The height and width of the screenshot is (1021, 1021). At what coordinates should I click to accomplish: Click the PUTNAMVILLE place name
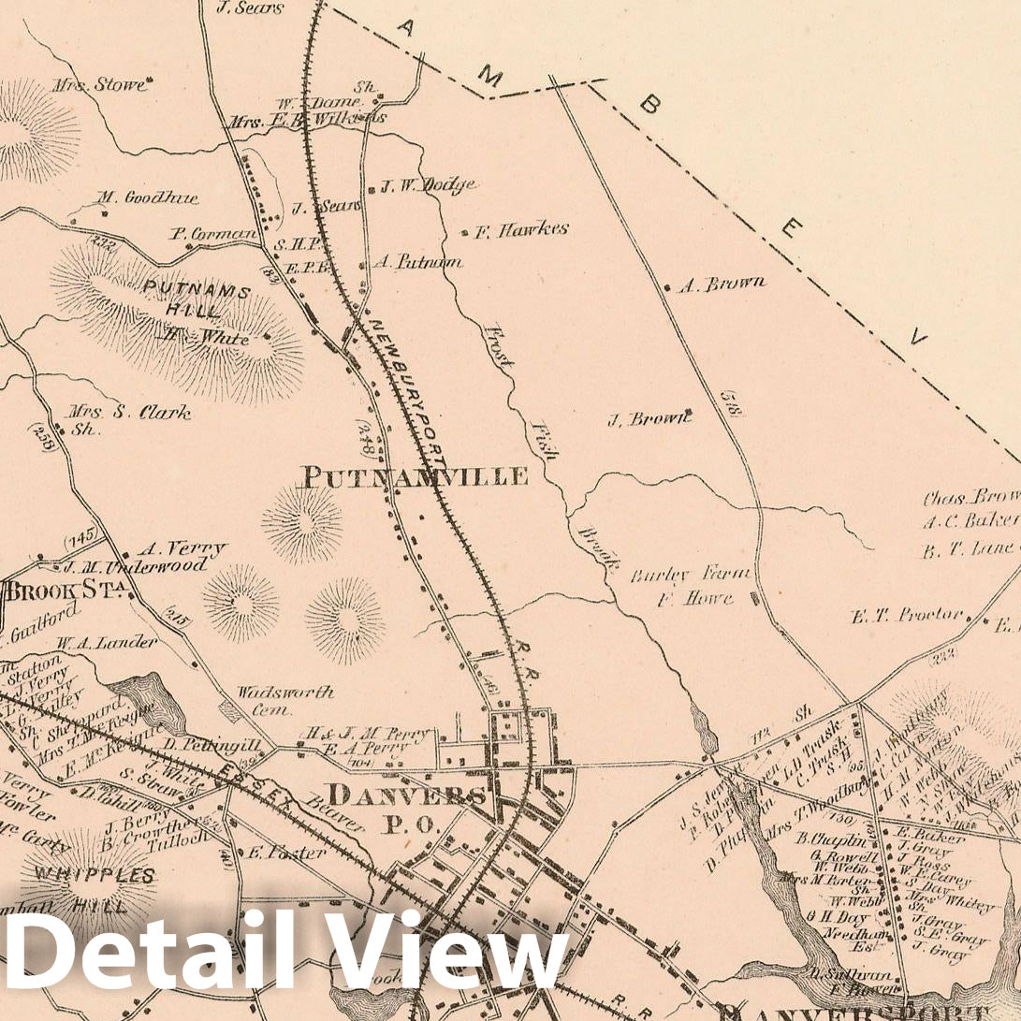[x=413, y=476]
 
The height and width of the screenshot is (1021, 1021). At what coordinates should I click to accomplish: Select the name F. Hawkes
[x=520, y=229]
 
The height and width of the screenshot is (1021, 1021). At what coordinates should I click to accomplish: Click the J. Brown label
[x=649, y=418]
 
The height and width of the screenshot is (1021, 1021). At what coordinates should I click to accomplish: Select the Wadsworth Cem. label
[x=284, y=700]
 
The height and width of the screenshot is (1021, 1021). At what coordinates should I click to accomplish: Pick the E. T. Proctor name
[x=907, y=615]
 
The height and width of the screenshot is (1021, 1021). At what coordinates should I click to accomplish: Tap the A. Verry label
[x=182, y=548]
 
